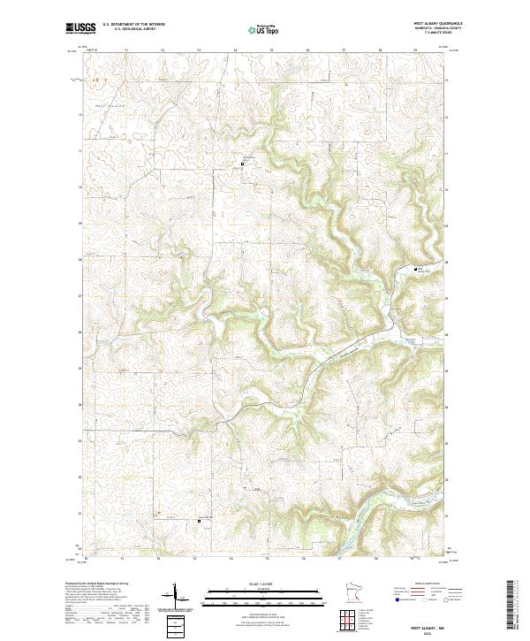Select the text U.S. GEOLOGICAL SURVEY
pos(132,28)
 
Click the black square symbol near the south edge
pos(199,521)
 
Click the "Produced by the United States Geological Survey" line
pos(96,584)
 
